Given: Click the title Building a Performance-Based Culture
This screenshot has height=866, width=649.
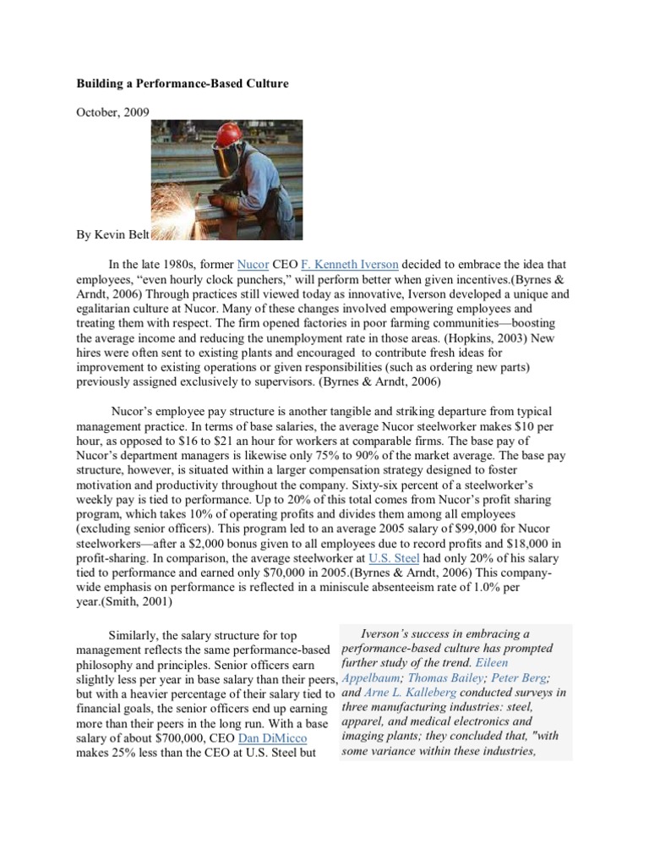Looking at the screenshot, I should click(183, 85).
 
